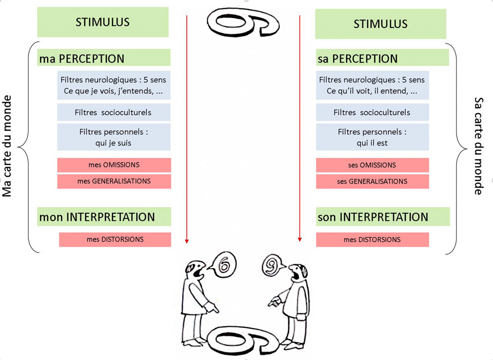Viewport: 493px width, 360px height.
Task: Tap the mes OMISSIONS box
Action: pyautogui.click(x=114, y=165)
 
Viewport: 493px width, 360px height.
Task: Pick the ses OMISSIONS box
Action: pyautogui.click(x=372, y=165)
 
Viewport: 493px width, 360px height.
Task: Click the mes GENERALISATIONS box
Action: pyautogui.click(x=114, y=181)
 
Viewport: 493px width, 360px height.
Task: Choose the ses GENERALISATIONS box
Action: pyautogui.click(x=372, y=181)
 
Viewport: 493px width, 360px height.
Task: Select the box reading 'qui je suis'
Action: pyautogui.click(x=114, y=137)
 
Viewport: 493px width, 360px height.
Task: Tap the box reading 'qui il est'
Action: pyautogui.click(x=372, y=137)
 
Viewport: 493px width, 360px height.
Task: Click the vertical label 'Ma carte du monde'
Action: pyautogui.click(x=7, y=146)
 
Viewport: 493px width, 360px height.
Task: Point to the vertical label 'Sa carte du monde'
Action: pyautogui.click(x=478, y=146)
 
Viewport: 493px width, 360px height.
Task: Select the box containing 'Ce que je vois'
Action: pyautogui.click(x=114, y=86)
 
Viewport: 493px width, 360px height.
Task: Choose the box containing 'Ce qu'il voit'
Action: pyautogui.click(x=372, y=86)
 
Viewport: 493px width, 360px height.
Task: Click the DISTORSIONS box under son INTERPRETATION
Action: pyautogui.click(x=372, y=240)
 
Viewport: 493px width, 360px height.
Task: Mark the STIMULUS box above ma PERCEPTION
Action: pyautogui.click(x=103, y=22)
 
